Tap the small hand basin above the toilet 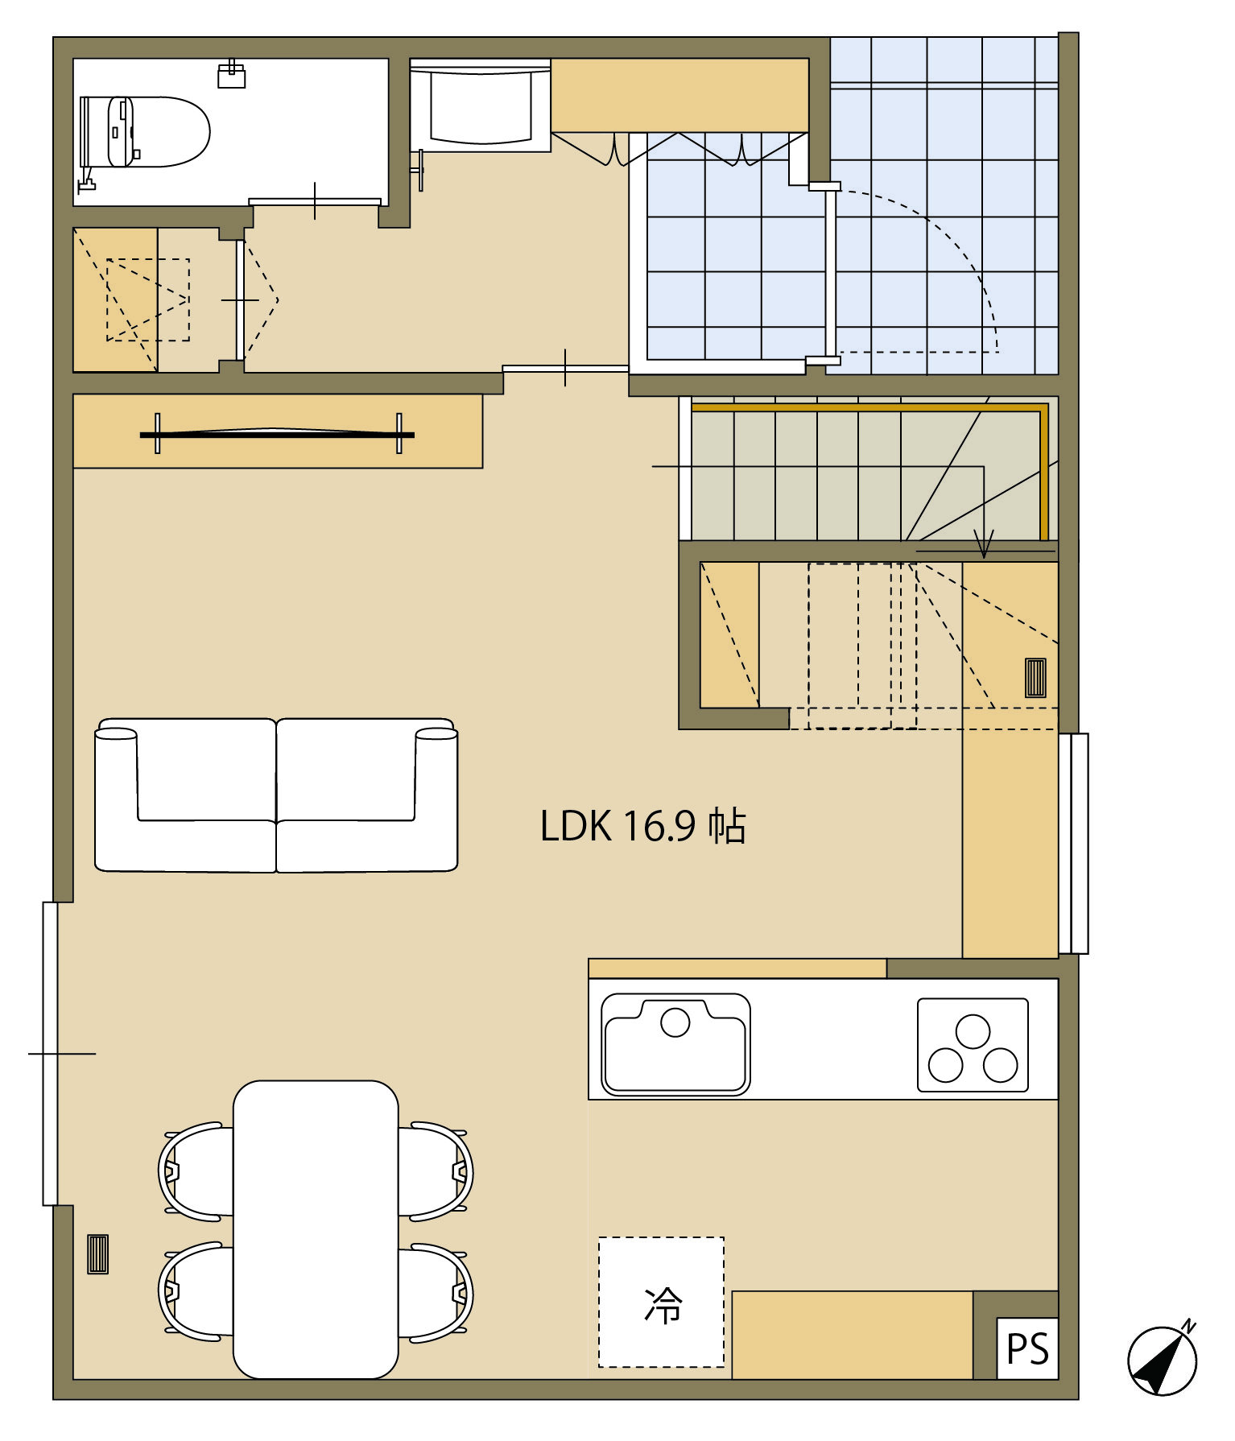(x=232, y=75)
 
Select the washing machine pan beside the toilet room (x=481, y=105)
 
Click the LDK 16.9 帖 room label (x=642, y=826)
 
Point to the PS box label (x=1027, y=1349)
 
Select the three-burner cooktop (x=973, y=1045)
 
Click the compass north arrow (x=1163, y=1359)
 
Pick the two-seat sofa (x=276, y=795)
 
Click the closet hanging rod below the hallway (x=278, y=434)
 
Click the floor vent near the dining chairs (x=97, y=1254)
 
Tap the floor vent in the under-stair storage (x=1035, y=678)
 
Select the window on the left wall (x=50, y=1054)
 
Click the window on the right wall (x=1074, y=844)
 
